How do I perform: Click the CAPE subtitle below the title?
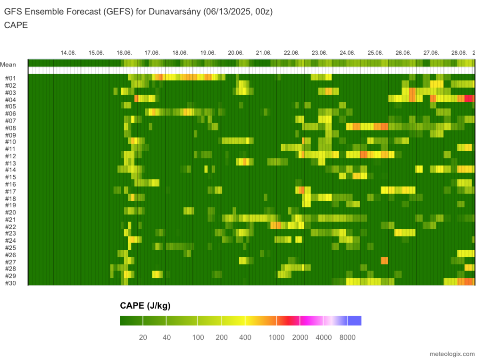point(16,25)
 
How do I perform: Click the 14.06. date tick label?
point(68,53)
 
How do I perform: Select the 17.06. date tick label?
point(152,53)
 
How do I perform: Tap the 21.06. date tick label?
point(264,53)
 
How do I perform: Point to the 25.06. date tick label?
point(375,53)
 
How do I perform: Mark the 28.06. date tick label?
point(459,53)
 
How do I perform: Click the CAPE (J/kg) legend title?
point(145,306)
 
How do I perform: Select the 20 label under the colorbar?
point(143,337)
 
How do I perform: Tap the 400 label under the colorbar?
point(245,337)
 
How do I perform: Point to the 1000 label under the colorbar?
point(277,337)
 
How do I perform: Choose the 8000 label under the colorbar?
point(347,337)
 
